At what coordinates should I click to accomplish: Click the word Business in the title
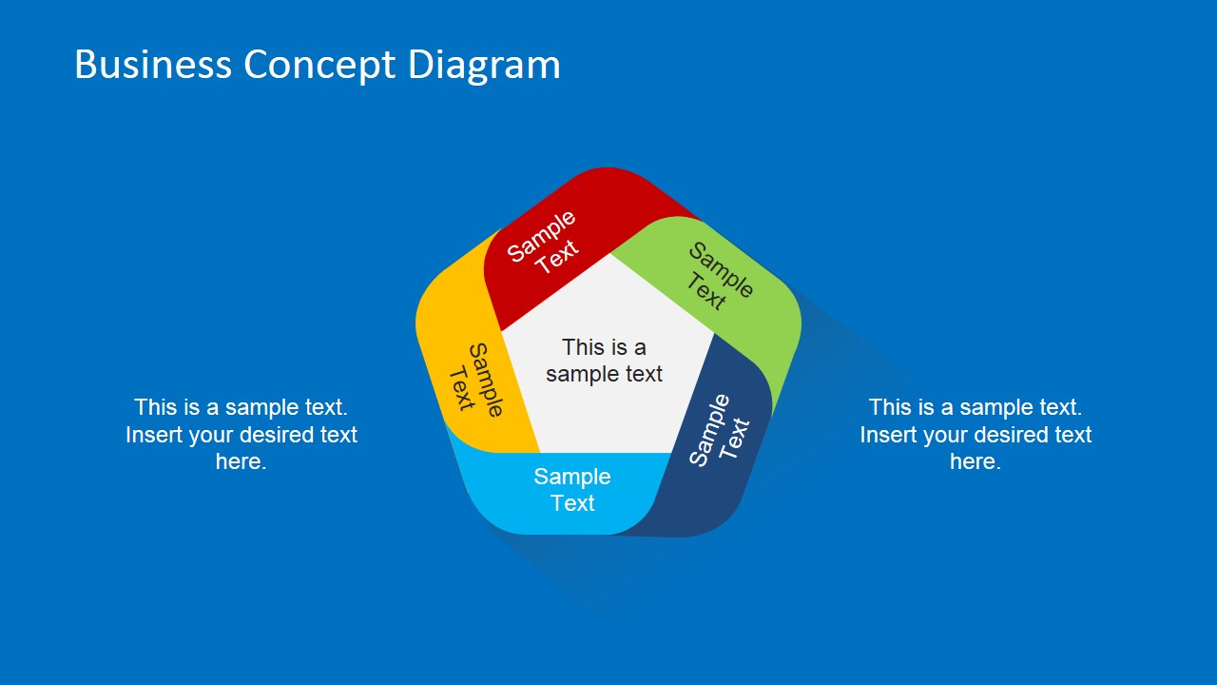[152, 65]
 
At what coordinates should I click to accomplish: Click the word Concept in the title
[319, 65]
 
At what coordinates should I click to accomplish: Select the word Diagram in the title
[484, 65]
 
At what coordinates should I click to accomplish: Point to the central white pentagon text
[604, 361]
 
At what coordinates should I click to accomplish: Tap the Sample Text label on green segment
[719, 277]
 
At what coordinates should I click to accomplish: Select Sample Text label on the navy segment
[719, 432]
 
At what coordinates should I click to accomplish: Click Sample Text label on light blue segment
[572, 490]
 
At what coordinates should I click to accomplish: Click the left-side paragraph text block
[241, 435]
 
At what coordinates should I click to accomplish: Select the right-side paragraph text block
[976, 435]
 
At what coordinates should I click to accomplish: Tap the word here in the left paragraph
[241, 462]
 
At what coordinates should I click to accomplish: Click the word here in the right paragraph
[976, 462]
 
